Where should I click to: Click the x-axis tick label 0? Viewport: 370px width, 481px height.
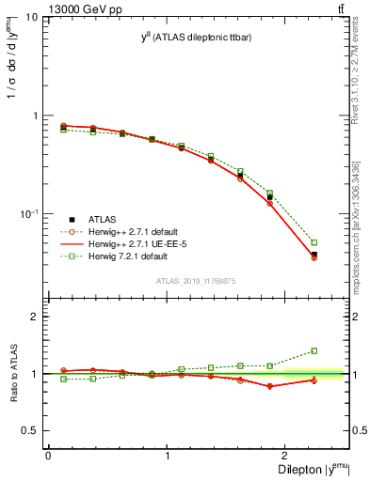[48, 456]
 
